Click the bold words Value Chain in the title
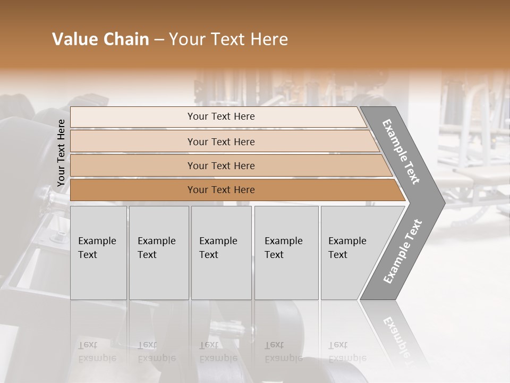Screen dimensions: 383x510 (100, 39)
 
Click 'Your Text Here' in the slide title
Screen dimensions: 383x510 (228, 39)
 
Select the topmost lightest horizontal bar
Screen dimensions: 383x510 (220, 116)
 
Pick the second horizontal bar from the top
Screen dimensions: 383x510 (220, 141)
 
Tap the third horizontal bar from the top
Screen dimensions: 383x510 (220, 165)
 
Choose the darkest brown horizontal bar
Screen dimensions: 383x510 (220, 190)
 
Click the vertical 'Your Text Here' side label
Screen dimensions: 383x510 (61, 153)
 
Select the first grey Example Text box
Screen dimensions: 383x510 (98, 253)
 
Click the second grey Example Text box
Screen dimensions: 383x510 (158, 253)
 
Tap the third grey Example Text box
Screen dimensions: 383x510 (221, 253)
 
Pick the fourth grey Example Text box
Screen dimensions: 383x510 (286, 253)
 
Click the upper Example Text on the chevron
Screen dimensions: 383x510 (401, 152)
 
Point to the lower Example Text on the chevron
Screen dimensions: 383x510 (402, 251)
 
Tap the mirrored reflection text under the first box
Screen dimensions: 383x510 (97, 352)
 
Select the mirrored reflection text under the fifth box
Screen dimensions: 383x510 (347, 352)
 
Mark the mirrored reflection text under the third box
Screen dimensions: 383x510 (218, 352)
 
